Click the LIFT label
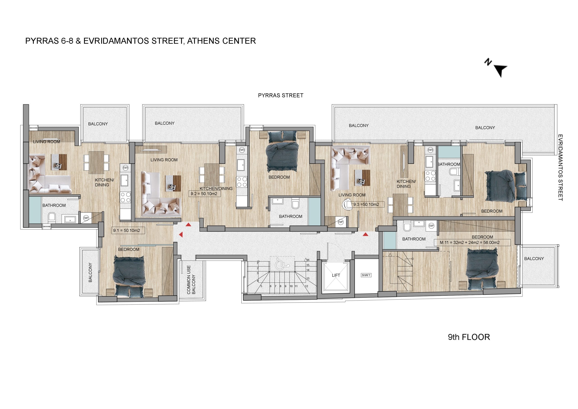(x=336, y=275)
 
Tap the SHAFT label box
(x=366, y=275)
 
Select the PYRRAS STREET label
(x=281, y=96)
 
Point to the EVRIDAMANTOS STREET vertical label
(x=560, y=168)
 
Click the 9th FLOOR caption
(x=469, y=337)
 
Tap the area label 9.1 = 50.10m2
(x=127, y=230)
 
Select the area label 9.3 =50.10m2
(x=366, y=204)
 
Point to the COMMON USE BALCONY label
(x=191, y=280)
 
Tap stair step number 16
(x=308, y=260)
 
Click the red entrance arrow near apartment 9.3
(x=366, y=235)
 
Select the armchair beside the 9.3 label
(x=348, y=204)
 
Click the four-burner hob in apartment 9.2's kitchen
(x=242, y=182)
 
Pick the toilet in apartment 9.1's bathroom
(x=52, y=218)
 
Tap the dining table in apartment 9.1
(x=96, y=162)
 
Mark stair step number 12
(x=306, y=286)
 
